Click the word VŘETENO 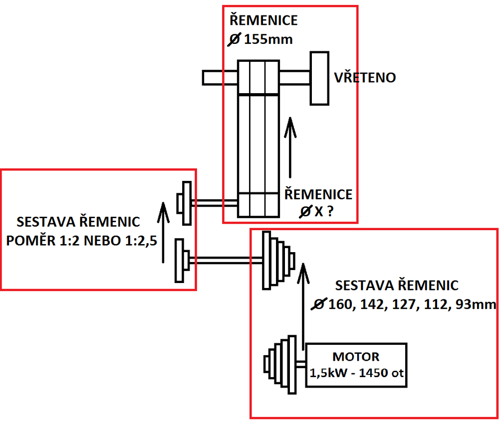[x=364, y=78]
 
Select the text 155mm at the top [x=268, y=39]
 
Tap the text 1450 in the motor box [x=372, y=373]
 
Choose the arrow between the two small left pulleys [x=164, y=232]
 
